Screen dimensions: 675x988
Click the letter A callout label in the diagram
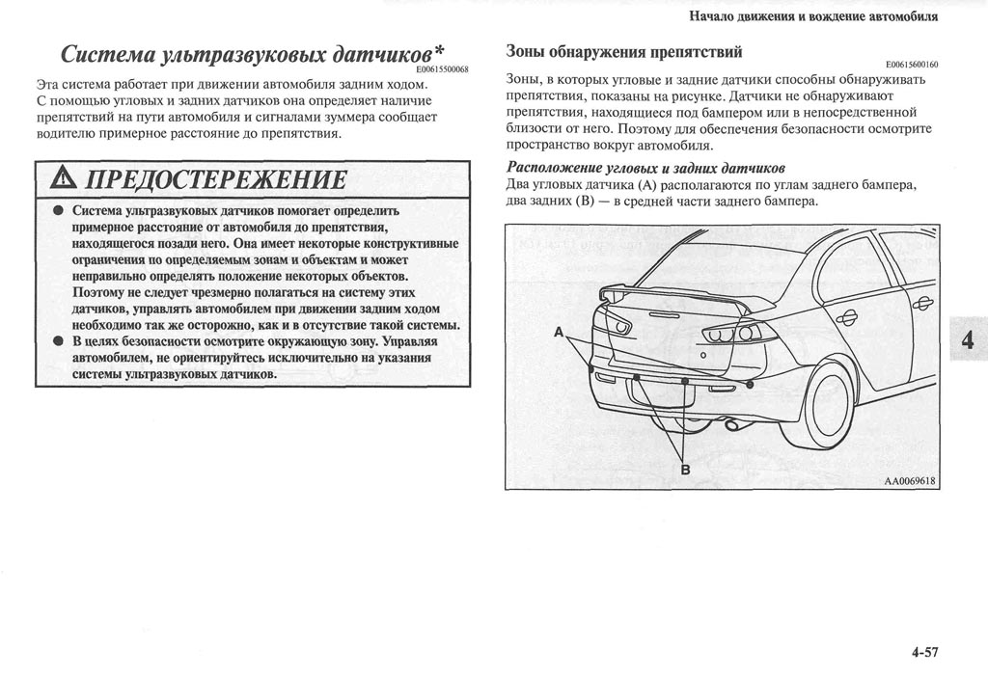(559, 332)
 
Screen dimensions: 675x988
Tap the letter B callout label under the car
(686, 469)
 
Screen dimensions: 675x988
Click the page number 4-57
(922, 653)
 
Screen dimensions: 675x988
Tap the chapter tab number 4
(968, 339)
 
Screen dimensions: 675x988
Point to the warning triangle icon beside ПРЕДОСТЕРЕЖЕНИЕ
(61, 178)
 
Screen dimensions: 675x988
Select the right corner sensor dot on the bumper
(749, 386)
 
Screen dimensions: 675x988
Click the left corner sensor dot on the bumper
(590, 368)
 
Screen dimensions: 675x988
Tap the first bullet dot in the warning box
(58, 210)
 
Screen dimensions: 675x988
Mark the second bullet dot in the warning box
(58, 341)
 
